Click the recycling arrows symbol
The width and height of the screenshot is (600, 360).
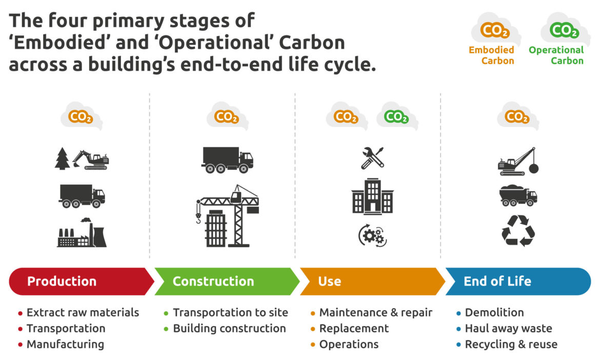coord(518,231)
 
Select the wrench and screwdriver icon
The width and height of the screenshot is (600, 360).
coord(372,157)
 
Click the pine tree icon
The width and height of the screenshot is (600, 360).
coord(62,158)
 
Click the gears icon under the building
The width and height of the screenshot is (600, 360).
coord(372,235)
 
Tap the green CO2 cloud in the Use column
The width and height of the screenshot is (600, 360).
coord(396,117)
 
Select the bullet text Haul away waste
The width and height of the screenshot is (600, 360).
coord(508,328)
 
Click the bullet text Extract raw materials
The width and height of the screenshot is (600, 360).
coord(83,312)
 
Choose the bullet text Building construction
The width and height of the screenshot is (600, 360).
coord(229,328)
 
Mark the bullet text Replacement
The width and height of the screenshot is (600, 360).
coord(354,328)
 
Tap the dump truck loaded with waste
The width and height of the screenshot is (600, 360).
coord(518,195)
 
